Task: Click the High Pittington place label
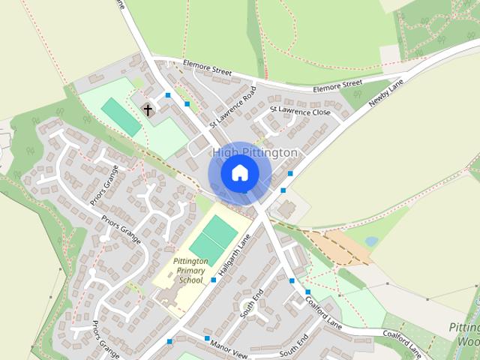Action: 255,153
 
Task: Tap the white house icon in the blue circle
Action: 239,173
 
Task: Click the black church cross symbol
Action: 148,110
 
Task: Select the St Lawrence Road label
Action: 232,106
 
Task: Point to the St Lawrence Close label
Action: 300,111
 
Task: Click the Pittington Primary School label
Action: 189,270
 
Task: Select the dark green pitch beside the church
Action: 121,116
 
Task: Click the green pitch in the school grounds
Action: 214,235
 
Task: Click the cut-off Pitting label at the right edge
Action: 464,328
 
